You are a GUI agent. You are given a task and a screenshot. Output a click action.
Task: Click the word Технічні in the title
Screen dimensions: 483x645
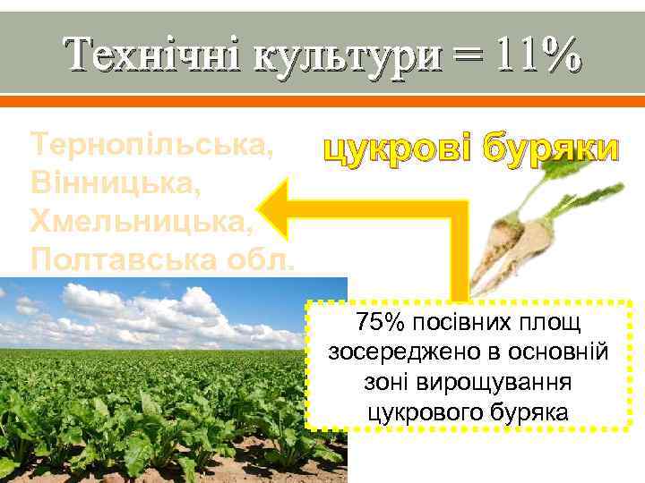[x=152, y=55]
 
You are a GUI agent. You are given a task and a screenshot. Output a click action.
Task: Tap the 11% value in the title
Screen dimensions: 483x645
[x=537, y=55]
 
